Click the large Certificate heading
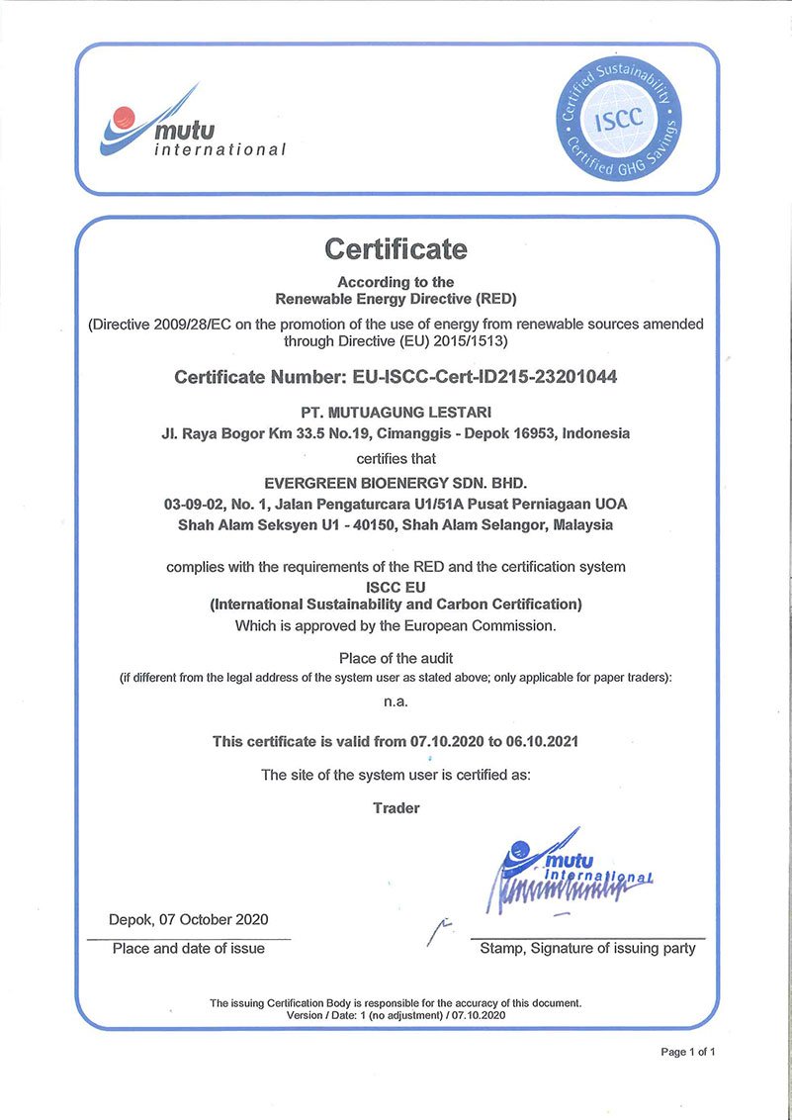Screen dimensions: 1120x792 point(396,248)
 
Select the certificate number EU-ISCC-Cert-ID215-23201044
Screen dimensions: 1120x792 point(482,377)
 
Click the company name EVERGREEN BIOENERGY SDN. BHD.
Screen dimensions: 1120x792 point(396,483)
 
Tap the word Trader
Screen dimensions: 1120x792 point(396,808)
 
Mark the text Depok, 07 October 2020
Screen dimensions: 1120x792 point(188,919)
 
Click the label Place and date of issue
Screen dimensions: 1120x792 point(188,949)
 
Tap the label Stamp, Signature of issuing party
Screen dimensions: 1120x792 point(587,949)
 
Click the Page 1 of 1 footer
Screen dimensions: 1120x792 point(687,1052)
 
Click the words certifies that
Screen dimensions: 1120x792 point(396,459)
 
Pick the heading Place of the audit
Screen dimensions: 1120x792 point(396,658)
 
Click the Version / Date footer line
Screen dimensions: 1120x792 point(396,1015)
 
